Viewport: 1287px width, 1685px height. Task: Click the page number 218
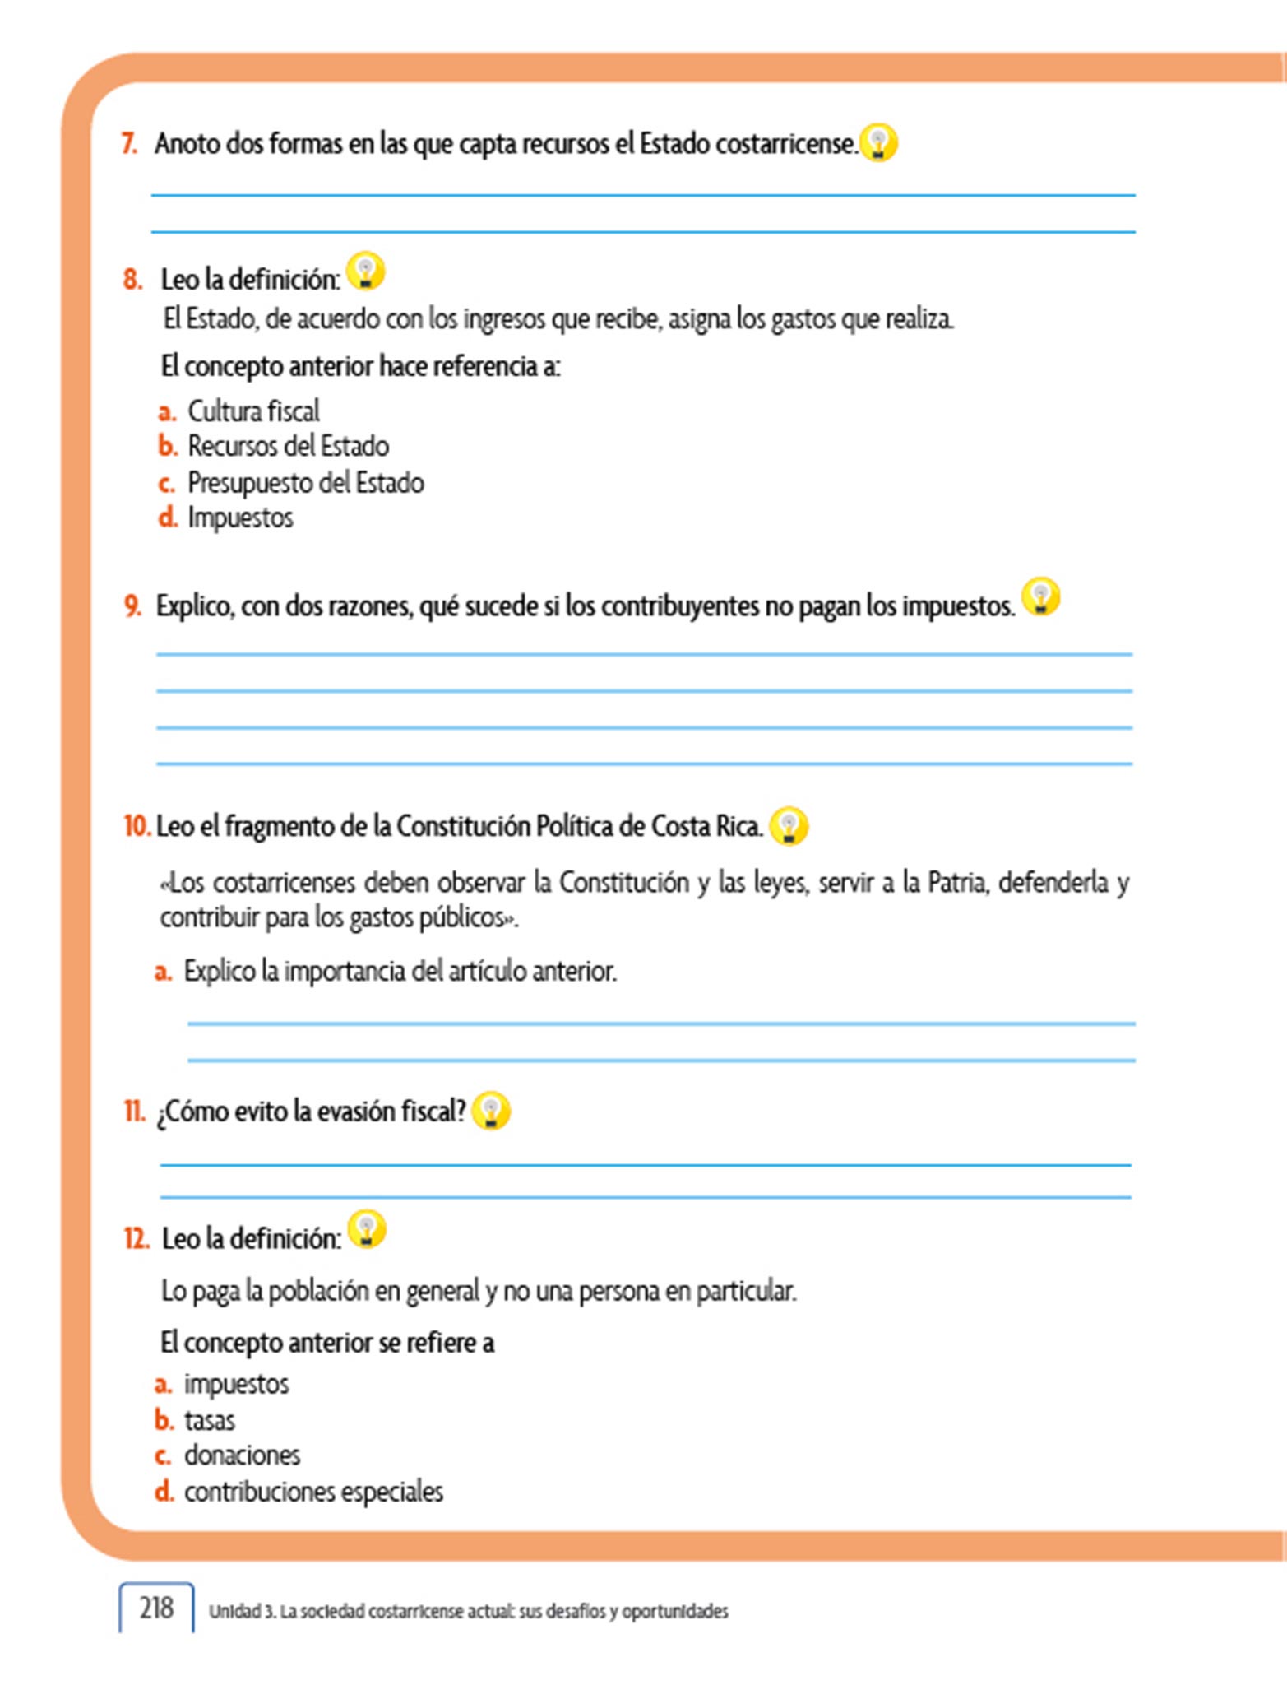coord(156,1608)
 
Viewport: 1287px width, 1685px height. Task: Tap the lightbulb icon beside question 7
coord(878,143)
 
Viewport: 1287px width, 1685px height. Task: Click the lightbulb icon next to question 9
coord(1040,596)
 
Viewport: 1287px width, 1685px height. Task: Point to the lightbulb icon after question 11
coord(491,1111)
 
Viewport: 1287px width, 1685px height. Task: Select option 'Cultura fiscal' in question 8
coord(253,411)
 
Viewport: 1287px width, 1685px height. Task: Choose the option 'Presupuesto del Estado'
coord(305,482)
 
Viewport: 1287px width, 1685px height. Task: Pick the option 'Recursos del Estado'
coord(288,446)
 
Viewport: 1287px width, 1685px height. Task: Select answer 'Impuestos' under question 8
coord(240,518)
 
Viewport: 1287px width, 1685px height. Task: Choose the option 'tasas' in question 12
coord(209,1420)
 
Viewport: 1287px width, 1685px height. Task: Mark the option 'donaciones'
coord(242,1455)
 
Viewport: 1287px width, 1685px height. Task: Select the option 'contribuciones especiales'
coord(313,1492)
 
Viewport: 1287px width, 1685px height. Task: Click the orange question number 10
coord(137,826)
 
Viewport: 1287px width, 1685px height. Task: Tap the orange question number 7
coord(129,144)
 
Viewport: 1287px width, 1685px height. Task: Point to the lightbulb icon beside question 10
coord(789,825)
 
